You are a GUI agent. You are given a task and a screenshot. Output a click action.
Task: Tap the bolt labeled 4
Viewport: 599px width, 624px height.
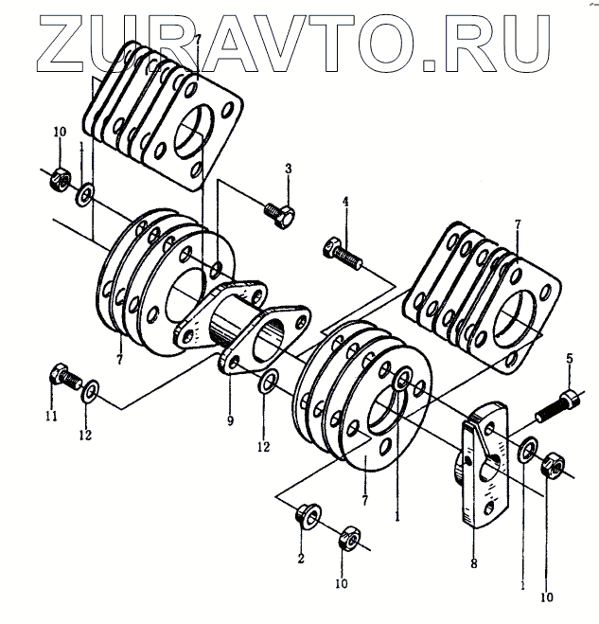[x=343, y=253]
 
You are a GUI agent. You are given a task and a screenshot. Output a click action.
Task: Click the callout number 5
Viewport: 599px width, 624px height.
[x=570, y=358]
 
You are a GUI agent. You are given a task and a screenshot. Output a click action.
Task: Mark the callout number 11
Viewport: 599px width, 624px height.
[x=51, y=416]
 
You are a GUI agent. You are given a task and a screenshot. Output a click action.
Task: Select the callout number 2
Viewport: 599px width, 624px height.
[x=301, y=559]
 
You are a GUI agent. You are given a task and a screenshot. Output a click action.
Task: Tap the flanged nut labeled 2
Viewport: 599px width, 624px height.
[x=307, y=517]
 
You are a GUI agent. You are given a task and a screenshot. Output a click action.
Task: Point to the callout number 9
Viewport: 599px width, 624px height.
[x=230, y=419]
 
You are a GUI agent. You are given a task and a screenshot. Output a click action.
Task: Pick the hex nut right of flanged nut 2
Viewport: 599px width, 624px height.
[x=347, y=540]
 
